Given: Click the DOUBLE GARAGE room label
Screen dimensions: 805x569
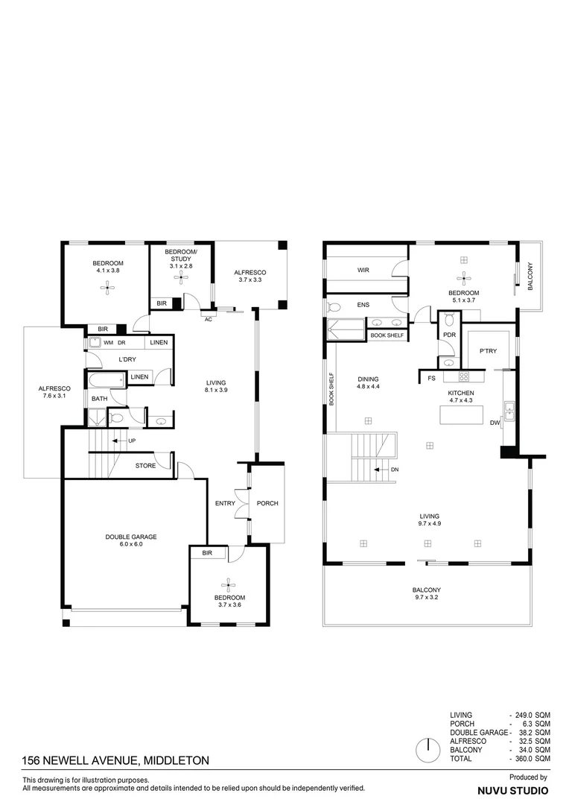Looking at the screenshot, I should click(130, 537).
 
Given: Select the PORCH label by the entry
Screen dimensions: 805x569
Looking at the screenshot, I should click(267, 503).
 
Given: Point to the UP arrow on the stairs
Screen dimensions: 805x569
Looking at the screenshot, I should click(116, 441).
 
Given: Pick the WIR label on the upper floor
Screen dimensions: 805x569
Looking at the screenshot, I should click(363, 270).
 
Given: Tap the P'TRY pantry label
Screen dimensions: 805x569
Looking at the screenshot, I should click(488, 351).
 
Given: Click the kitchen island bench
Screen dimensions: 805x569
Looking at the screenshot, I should click(462, 414).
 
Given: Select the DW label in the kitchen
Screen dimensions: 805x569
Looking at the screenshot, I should click(495, 423).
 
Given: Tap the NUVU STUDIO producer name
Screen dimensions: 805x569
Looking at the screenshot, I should click(512, 790).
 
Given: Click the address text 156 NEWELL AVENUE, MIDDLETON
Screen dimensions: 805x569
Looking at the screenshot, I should click(115, 760).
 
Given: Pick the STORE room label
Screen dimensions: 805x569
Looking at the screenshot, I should click(146, 466).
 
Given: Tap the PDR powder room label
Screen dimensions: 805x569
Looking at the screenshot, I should click(448, 335).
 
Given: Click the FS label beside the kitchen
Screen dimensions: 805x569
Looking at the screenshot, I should click(431, 379).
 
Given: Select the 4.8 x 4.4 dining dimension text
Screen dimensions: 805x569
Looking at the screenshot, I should click(368, 387).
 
